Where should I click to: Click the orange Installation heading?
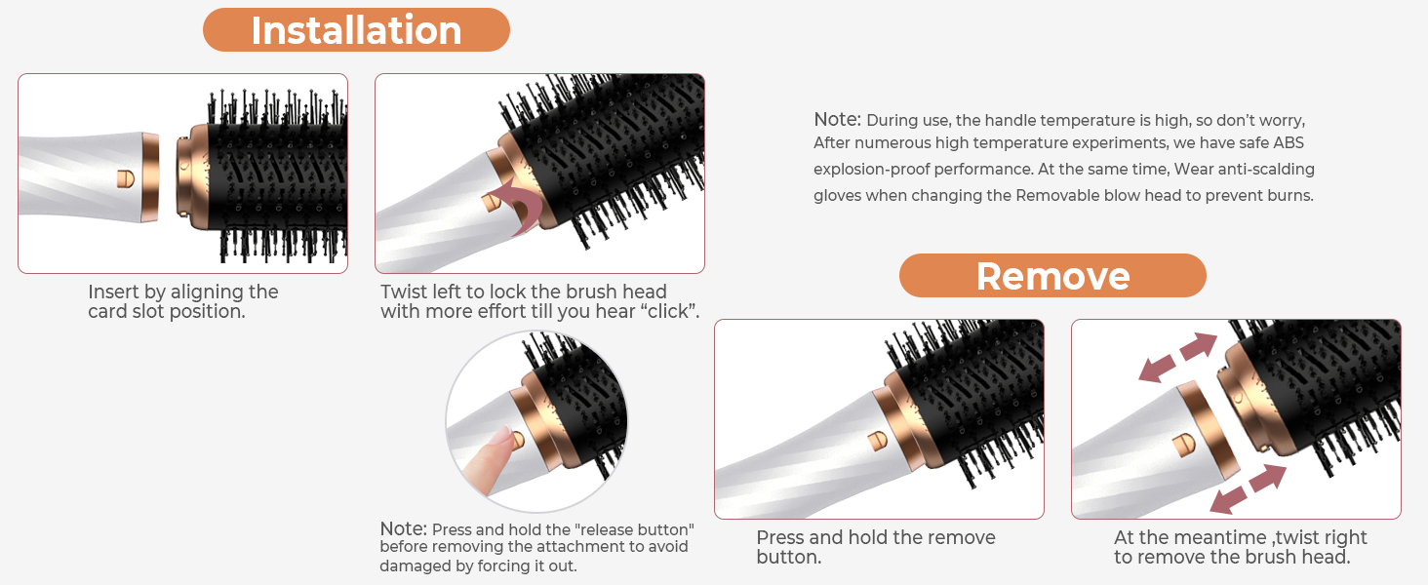pos(356,30)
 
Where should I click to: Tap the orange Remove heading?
pos(1052,275)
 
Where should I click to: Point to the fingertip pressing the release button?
pos(501,441)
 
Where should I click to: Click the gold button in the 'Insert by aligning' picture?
pos(126,179)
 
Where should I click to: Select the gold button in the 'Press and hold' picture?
pos(878,441)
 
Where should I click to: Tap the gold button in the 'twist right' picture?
pos(1184,445)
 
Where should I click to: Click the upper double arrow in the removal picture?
pos(1177,357)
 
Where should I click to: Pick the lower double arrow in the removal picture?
pos(1247,488)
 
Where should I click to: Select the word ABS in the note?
pos(1288,142)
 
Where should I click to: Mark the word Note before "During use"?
pos(837,119)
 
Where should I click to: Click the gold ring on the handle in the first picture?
pos(150,177)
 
